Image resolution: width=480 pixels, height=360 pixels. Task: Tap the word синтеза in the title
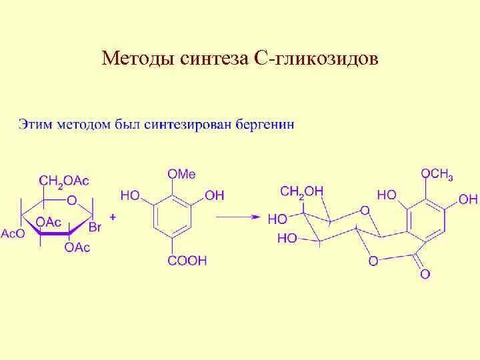tap(213, 59)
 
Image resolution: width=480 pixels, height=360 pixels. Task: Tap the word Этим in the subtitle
tap(35, 125)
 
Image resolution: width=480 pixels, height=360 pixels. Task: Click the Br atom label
tap(95, 228)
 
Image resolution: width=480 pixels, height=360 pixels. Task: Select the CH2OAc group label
tap(64, 181)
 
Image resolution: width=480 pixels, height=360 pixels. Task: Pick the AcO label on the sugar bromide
tap(13, 233)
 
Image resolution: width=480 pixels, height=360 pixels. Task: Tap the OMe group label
tap(181, 174)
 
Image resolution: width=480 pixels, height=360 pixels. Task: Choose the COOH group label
tap(187, 260)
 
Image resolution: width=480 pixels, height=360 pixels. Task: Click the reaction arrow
tap(239, 217)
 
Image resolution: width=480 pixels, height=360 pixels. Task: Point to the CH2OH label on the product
tap(301, 191)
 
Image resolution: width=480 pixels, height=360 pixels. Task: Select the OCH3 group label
tap(437, 174)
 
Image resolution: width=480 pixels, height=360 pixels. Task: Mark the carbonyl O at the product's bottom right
tap(425, 273)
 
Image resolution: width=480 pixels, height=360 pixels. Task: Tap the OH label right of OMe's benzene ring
tap(215, 195)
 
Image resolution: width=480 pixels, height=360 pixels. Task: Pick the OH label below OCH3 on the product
tap(469, 199)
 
